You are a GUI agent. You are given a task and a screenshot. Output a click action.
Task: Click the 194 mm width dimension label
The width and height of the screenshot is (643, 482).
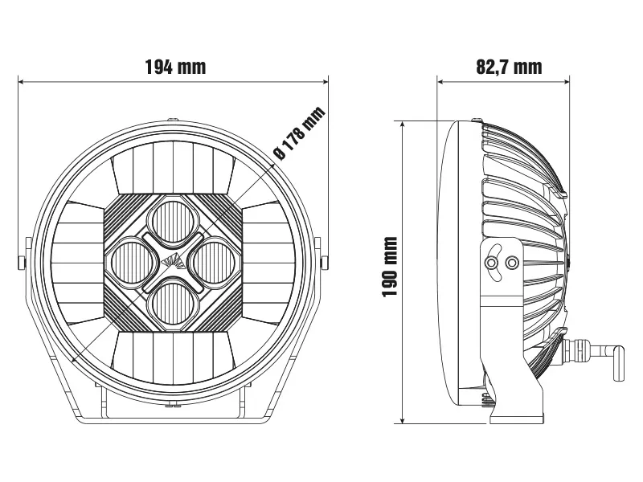pos(174,67)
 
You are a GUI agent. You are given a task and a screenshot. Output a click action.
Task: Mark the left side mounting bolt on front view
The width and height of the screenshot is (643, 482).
pos(21,261)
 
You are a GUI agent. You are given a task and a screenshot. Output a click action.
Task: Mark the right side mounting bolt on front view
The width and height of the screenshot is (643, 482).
pos(325,261)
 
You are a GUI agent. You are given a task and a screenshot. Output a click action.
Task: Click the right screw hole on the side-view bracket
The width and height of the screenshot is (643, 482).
pos(511,262)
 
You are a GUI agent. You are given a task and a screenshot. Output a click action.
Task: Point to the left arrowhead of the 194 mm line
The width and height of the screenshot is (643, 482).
pos(22,80)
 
